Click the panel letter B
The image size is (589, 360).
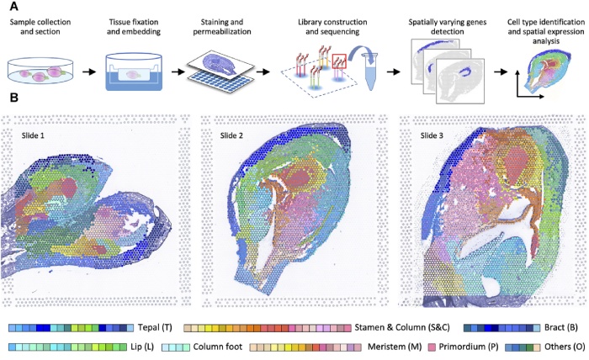12,99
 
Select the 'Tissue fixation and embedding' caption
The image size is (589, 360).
138,24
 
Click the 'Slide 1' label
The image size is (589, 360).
36,133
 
